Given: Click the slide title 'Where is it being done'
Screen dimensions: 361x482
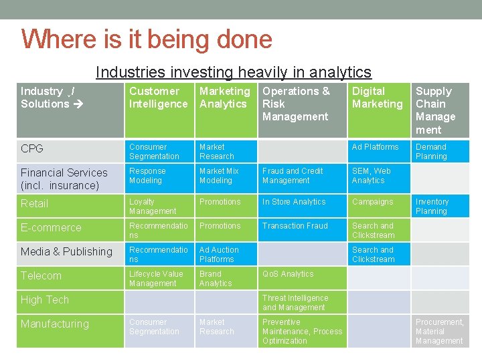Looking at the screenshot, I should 147,39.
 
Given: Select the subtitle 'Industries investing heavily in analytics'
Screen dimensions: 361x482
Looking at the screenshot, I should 233,72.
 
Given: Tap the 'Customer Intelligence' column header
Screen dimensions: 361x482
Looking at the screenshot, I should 159,98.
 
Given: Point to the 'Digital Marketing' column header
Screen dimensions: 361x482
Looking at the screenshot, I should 378,98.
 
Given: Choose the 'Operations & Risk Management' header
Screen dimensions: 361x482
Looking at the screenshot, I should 296,104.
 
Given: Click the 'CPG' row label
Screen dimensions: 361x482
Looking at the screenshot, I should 32,148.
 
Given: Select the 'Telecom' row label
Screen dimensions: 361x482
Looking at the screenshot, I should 41,275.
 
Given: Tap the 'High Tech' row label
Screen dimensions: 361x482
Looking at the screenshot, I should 45,299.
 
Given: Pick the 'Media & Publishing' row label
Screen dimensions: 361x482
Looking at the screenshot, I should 66,251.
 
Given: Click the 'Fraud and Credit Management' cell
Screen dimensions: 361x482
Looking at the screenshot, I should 293,176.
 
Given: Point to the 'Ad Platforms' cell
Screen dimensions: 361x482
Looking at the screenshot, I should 375,147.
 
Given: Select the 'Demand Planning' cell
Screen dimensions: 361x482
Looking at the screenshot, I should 431,152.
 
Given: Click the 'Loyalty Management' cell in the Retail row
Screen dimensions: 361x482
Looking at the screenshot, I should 153,207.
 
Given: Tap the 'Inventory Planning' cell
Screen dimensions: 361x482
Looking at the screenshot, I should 432,207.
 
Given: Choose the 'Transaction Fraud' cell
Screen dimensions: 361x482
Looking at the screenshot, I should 295,226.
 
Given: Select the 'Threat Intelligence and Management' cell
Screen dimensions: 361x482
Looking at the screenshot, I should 295,303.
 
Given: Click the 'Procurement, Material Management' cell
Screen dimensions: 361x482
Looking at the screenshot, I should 439,332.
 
